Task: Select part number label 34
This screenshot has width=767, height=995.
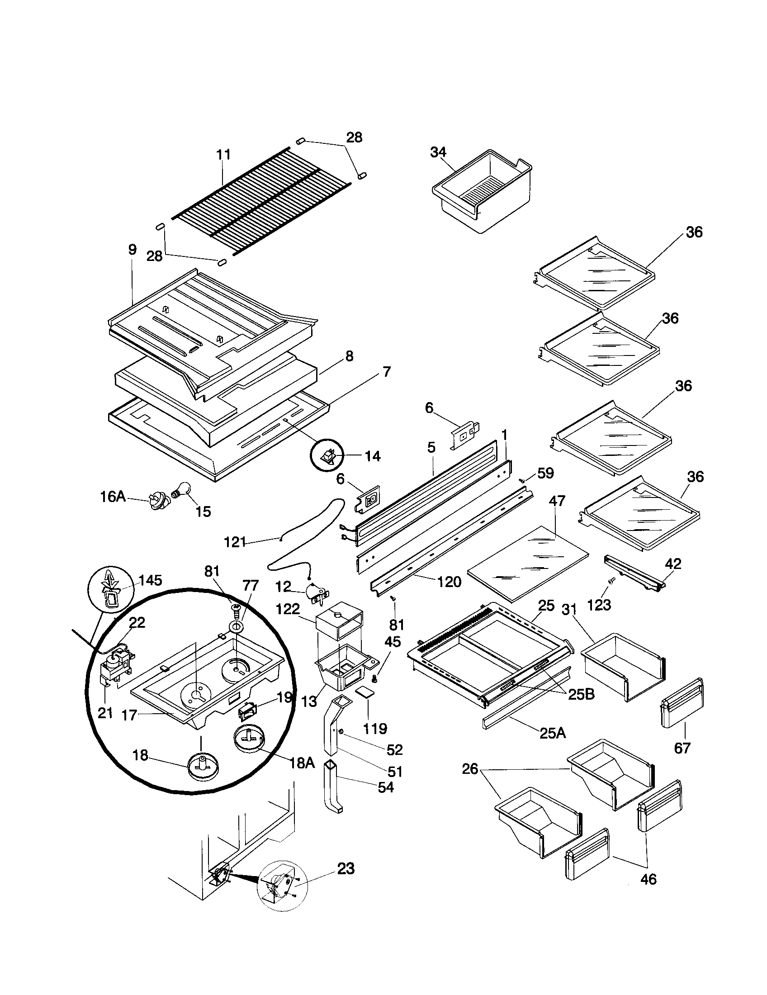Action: (x=438, y=152)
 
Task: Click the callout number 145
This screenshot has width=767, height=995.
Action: (x=150, y=580)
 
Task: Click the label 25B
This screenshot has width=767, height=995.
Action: (x=581, y=694)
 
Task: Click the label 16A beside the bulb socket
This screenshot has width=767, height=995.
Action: (x=113, y=497)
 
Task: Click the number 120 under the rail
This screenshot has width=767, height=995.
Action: (x=449, y=582)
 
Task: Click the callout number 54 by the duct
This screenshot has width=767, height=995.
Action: (x=385, y=787)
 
